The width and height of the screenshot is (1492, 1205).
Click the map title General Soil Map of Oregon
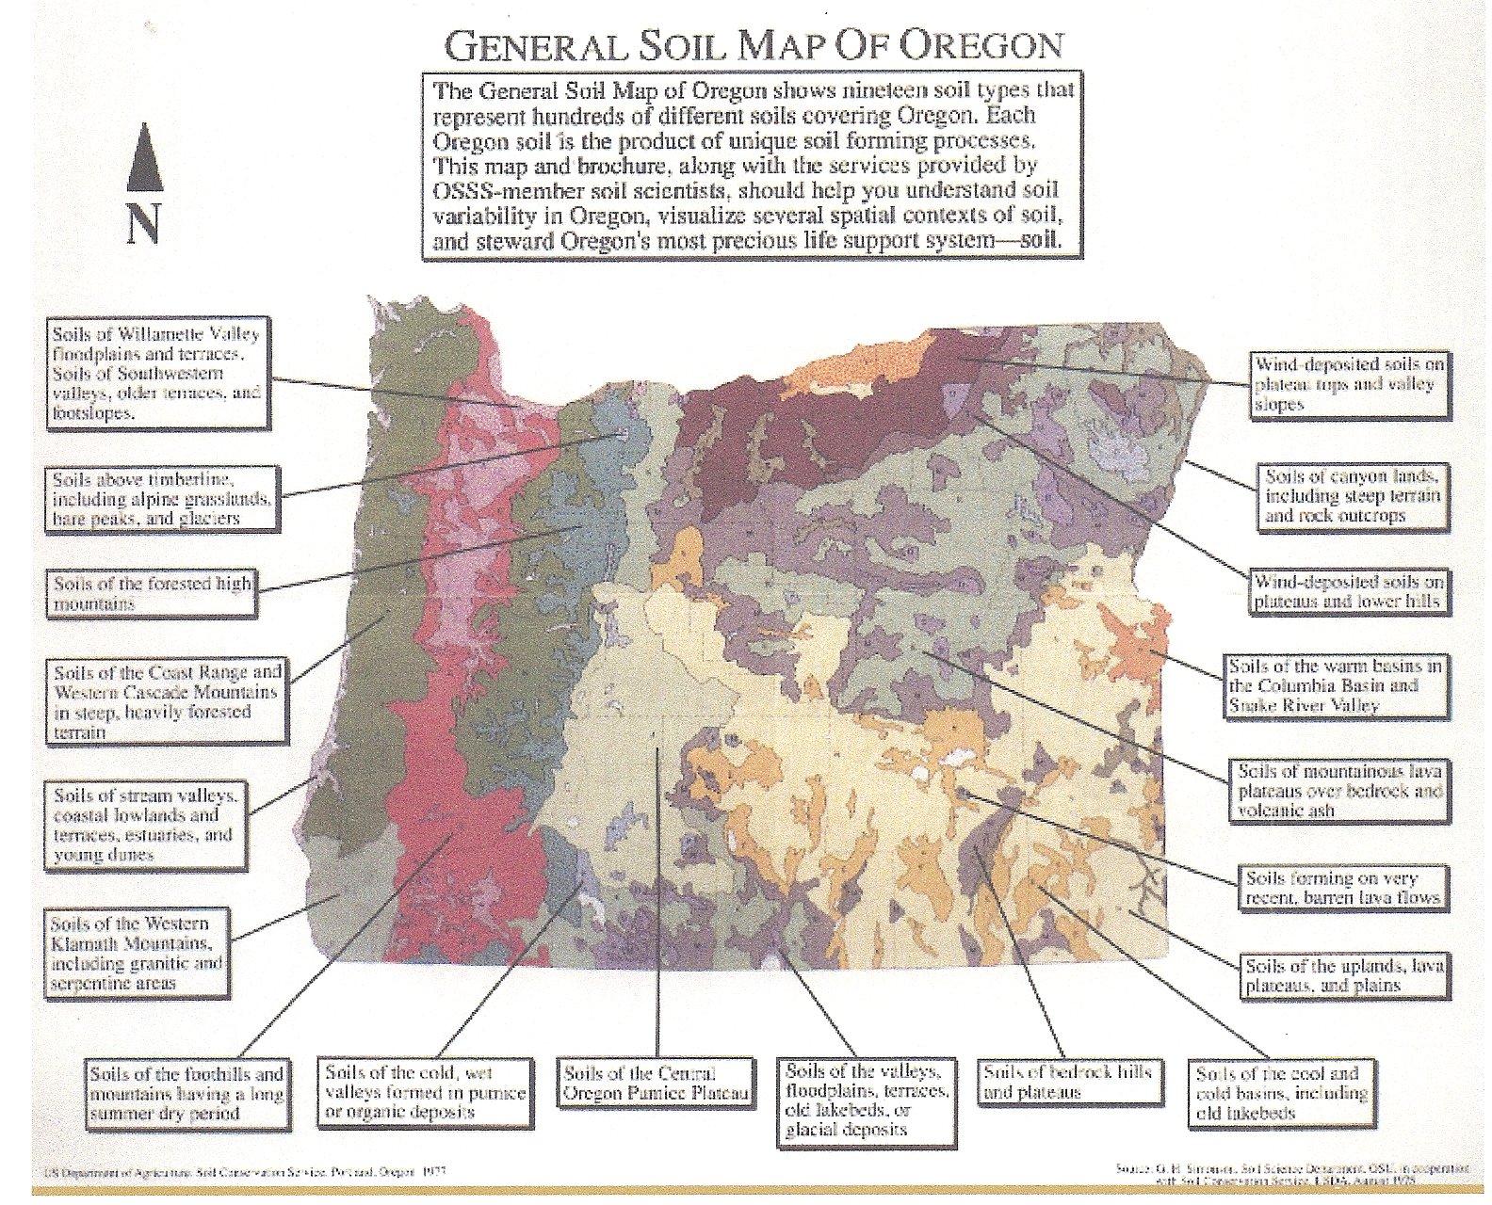(754, 45)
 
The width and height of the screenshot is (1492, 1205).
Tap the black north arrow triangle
(145, 157)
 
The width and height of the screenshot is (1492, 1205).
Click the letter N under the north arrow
(143, 224)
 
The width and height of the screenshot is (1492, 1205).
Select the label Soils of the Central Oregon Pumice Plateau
(656, 1084)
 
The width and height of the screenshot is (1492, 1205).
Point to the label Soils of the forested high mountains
(151, 594)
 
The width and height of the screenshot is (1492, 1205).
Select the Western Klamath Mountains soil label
(138, 953)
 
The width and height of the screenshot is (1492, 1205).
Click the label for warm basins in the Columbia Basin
(1335, 685)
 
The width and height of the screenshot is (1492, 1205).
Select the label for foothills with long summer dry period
(186, 1093)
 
